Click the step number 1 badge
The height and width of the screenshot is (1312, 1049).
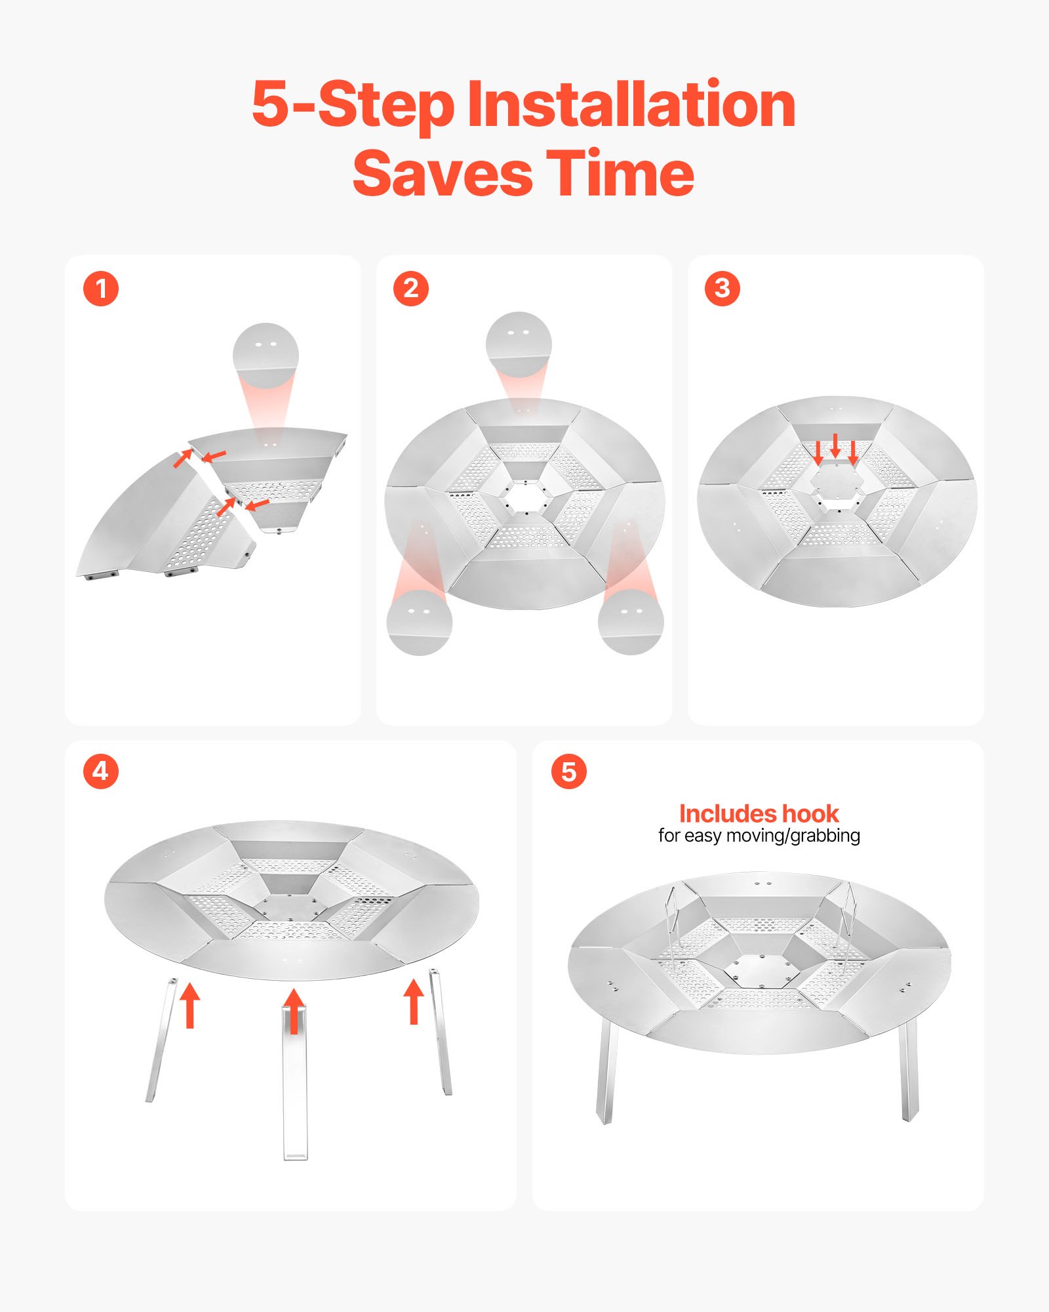point(101,289)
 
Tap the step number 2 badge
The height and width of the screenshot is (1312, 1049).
point(411,289)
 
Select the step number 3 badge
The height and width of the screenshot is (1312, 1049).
point(722,289)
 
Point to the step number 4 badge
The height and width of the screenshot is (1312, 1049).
point(101,771)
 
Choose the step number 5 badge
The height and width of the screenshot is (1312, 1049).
point(569,771)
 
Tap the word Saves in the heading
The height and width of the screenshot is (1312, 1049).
point(443,174)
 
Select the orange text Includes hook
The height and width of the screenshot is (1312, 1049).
point(759,813)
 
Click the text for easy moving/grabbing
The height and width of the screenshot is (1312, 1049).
point(759,836)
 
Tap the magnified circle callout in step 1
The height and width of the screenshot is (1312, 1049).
point(266,354)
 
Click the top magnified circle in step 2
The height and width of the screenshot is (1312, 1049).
point(519,344)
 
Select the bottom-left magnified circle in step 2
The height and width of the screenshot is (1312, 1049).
point(420,621)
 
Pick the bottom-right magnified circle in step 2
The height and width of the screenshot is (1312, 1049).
point(631,621)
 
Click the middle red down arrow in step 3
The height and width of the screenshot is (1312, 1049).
point(835,446)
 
